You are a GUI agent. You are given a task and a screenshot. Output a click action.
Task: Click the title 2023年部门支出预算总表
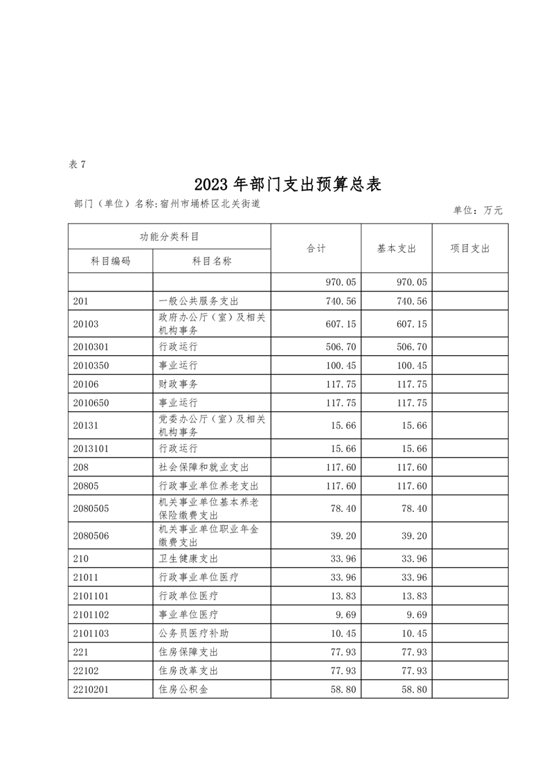pyautogui.click(x=287, y=184)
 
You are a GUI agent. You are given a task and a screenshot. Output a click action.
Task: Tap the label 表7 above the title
pyautogui.click(x=77, y=164)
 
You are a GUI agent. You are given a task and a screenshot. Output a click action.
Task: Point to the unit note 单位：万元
pyautogui.click(x=478, y=210)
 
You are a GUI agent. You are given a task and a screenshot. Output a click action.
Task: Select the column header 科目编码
pyautogui.click(x=111, y=260)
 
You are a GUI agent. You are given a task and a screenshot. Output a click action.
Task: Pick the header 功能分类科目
pyautogui.click(x=170, y=236)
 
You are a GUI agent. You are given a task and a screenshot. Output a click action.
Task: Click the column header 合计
pyautogui.click(x=316, y=249)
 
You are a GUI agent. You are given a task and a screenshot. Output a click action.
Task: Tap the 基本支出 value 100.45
pyautogui.click(x=412, y=365)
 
